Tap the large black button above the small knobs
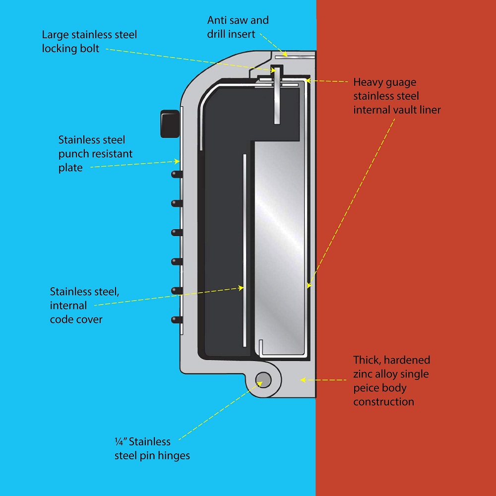[x=169, y=123]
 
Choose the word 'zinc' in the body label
[x=365, y=373]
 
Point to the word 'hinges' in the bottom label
[x=173, y=455]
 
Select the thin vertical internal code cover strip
[x=245, y=248]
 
